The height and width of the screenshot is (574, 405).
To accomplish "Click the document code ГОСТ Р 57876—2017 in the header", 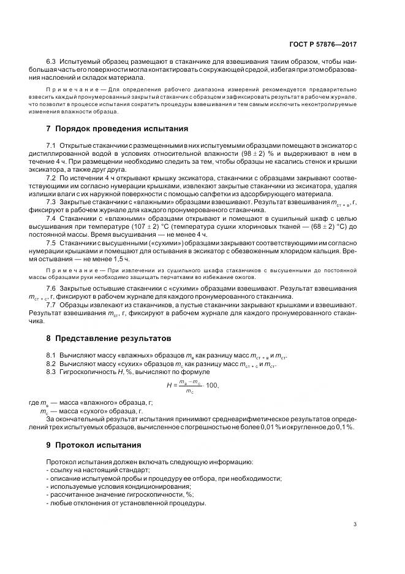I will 326,44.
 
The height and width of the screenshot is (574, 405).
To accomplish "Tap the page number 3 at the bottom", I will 355,524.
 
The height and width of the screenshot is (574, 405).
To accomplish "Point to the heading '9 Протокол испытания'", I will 94,445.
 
